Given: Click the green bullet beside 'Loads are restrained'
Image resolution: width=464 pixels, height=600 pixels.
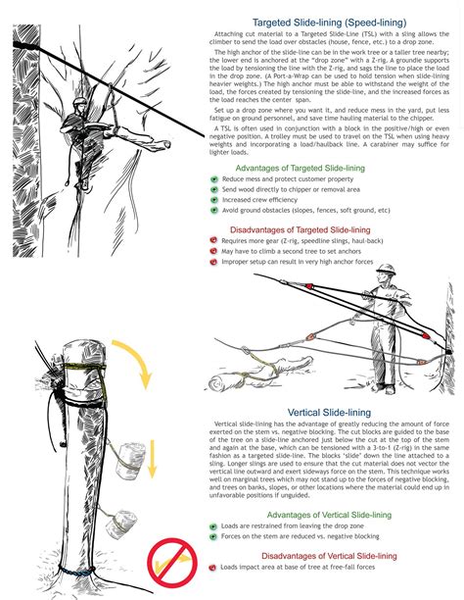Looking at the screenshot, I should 214,525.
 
